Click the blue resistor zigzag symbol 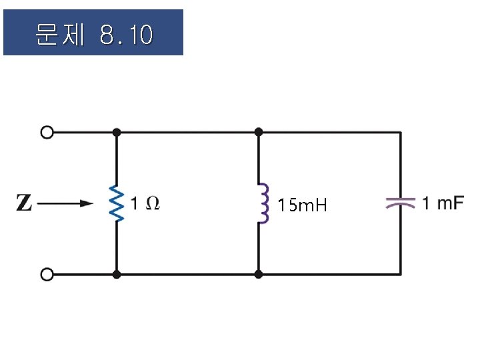pyautogui.click(x=117, y=204)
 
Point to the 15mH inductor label pyautogui.click(x=303, y=205)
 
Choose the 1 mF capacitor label pyautogui.click(x=442, y=203)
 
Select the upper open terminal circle pyautogui.click(x=47, y=133)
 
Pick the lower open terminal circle pyautogui.click(x=47, y=274)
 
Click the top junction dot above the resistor pyautogui.click(x=117, y=133)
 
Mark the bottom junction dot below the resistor pyautogui.click(x=117, y=274)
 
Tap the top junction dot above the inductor pyautogui.click(x=259, y=133)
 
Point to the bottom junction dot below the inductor pyautogui.click(x=259, y=274)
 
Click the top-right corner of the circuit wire pyautogui.click(x=400, y=133)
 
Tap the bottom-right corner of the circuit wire pyautogui.click(x=400, y=274)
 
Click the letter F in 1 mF pyautogui.click(x=457, y=203)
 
